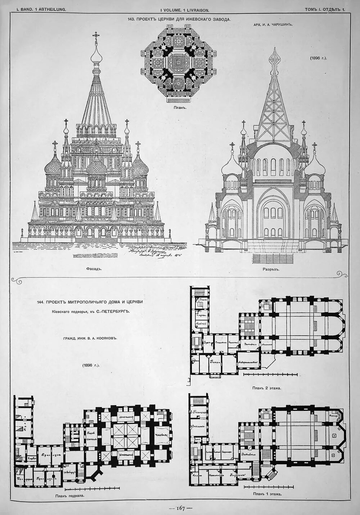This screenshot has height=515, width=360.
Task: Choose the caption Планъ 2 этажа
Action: (x=267, y=388)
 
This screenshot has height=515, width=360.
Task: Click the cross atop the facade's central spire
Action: (x=95, y=35)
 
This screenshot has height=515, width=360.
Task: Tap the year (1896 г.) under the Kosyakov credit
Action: (x=90, y=365)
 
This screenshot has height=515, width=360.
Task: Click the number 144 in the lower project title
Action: (x=41, y=302)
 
